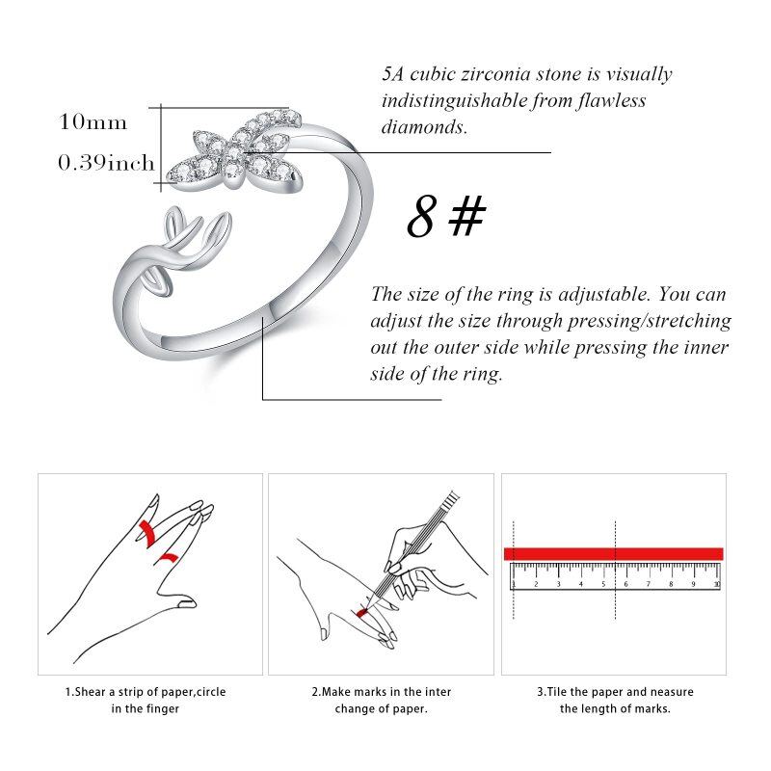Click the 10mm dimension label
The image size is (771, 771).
(93, 122)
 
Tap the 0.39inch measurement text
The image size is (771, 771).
(106, 163)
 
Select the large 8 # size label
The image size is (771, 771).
(446, 216)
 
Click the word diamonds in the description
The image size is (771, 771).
(424, 127)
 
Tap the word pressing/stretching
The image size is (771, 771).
(649, 321)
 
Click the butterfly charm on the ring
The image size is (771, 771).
(233, 151)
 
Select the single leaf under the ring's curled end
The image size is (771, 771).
(157, 284)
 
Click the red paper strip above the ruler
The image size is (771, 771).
(613, 553)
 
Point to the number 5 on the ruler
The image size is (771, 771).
(603, 584)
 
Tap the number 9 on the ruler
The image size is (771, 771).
(693, 584)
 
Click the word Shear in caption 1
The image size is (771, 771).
(90, 692)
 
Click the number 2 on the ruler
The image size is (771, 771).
(536, 584)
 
